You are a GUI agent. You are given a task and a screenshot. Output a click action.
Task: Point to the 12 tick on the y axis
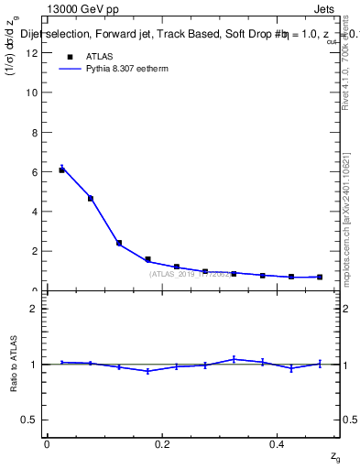click(34, 53)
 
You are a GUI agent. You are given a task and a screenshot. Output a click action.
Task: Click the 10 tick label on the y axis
click(34, 93)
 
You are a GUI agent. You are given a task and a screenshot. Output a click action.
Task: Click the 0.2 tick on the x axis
click(162, 443)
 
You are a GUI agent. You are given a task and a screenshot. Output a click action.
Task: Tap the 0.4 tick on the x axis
click(278, 443)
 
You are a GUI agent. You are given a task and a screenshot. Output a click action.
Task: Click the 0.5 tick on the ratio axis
click(32, 420)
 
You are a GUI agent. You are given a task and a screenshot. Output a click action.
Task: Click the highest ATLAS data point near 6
click(61, 169)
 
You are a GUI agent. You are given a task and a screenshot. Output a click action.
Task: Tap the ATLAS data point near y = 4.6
click(90, 198)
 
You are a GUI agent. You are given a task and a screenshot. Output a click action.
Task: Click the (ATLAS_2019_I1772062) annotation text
click(191, 274)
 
